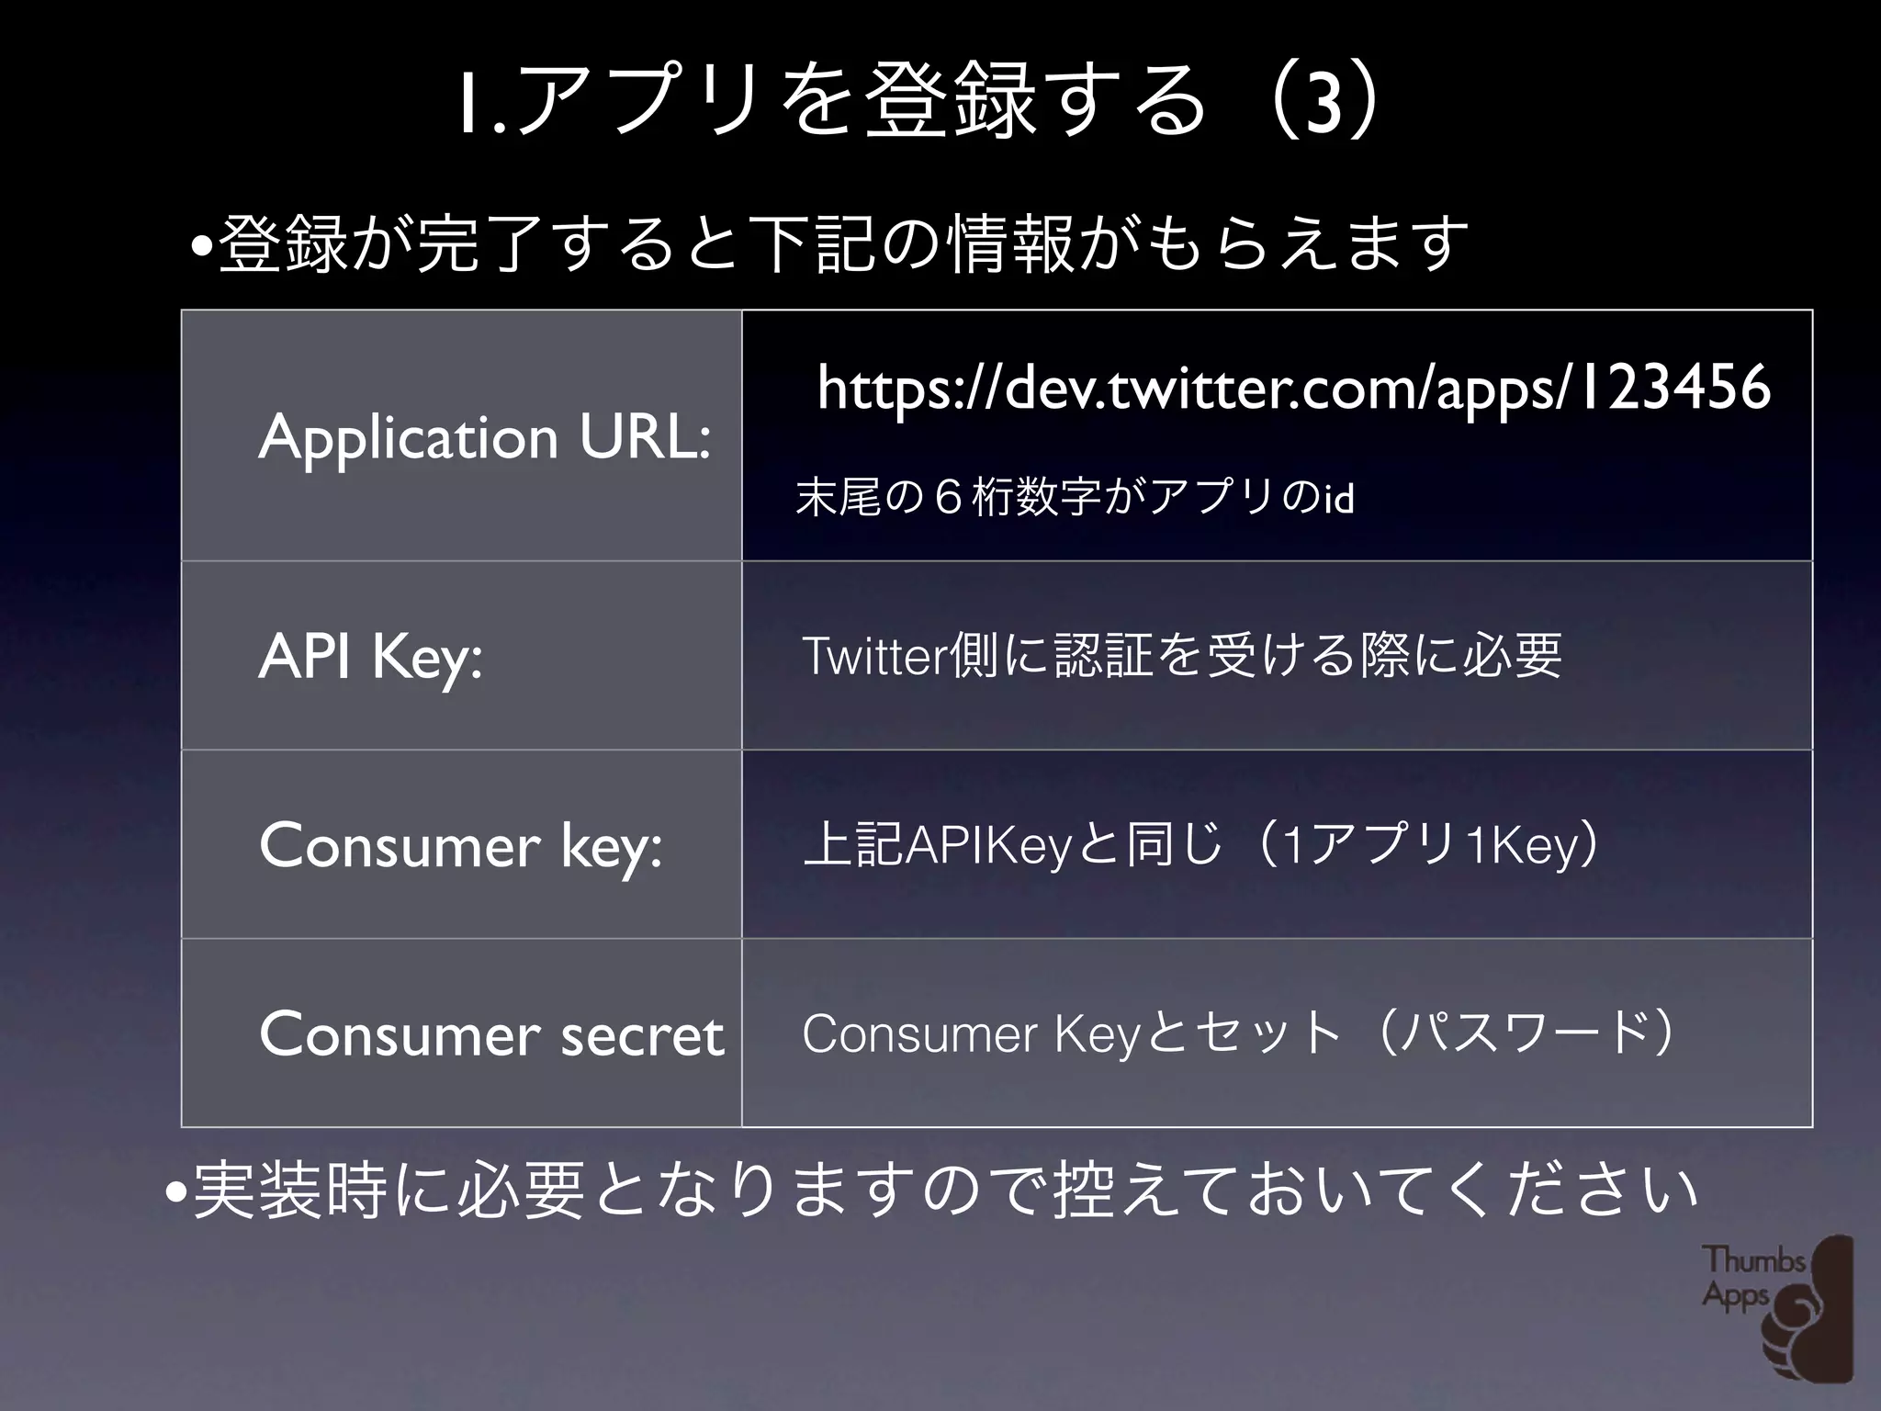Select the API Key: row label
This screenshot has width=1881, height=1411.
(x=370, y=657)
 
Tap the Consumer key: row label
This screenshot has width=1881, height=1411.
(x=460, y=846)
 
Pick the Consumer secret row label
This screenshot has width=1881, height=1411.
(x=491, y=1035)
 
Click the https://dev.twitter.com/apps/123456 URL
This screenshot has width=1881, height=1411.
(x=1293, y=387)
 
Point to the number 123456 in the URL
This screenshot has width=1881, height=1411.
(x=1673, y=387)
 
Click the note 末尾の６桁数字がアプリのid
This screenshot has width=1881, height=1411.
(x=1075, y=498)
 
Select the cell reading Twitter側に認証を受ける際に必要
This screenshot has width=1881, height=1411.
(x=1181, y=656)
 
